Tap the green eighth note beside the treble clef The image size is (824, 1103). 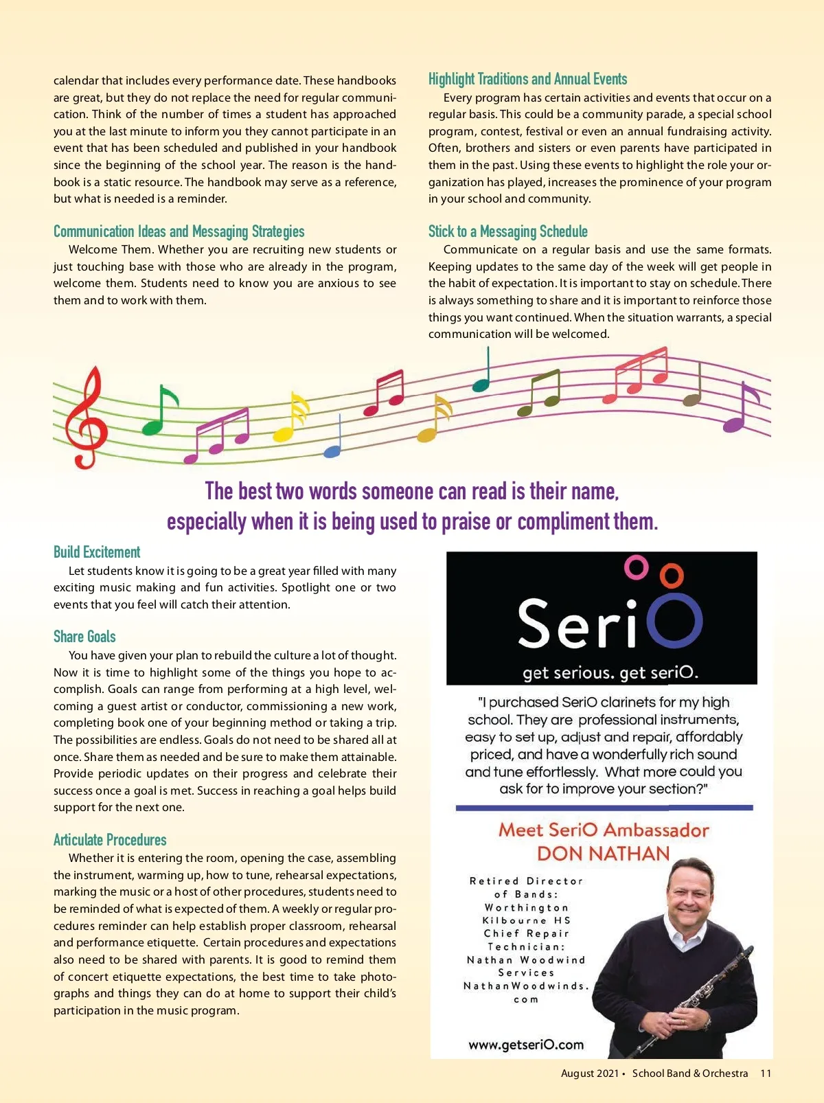[x=158, y=412]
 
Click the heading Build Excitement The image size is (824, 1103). [x=97, y=552]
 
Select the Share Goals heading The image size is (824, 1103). [x=84, y=637]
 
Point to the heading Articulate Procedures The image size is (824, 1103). [x=110, y=839]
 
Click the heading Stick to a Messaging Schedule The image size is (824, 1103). [x=508, y=231]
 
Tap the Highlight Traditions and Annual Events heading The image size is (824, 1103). [x=527, y=79]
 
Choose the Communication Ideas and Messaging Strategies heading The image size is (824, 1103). [x=179, y=231]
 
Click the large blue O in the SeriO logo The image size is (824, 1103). [x=674, y=621]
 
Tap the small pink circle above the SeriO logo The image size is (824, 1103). [x=636, y=567]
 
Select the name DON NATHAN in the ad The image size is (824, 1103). [x=603, y=854]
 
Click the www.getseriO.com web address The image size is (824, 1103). [x=526, y=1045]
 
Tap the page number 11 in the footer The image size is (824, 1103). [x=766, y=1073]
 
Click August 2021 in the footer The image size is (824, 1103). [x=589, y=1073]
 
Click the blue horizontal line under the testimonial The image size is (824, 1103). [x=604, y=808]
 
